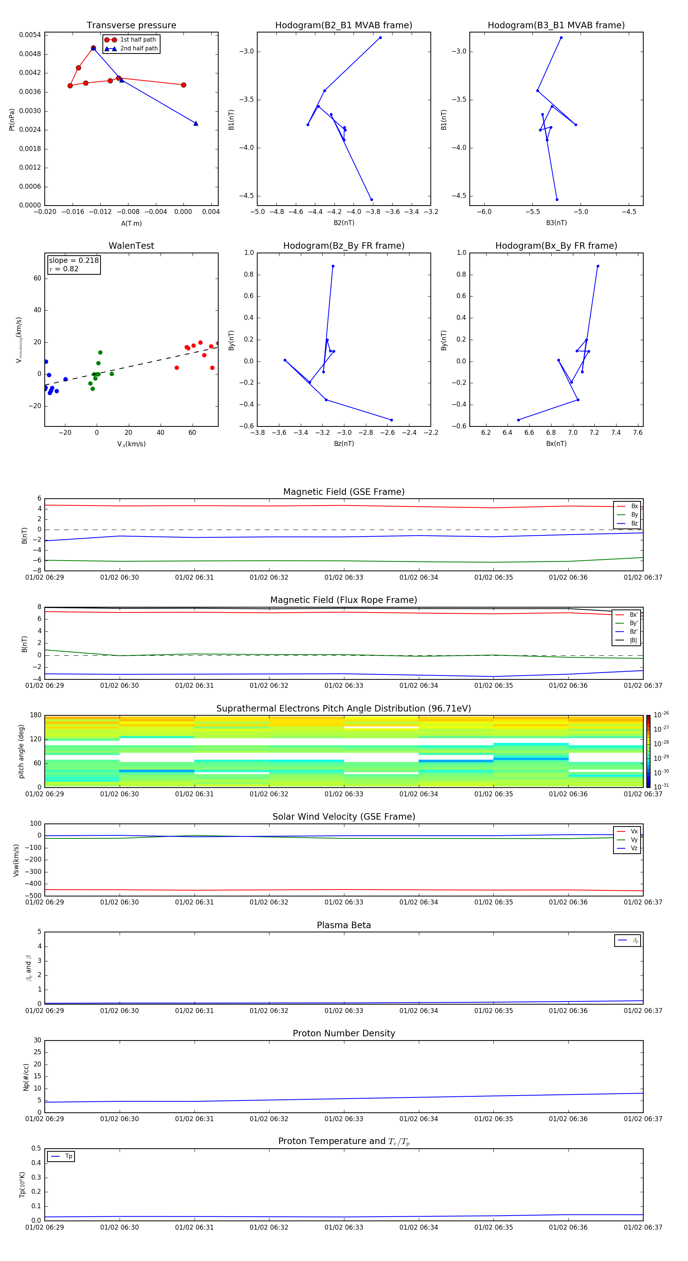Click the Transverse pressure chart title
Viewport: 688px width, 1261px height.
coord(131,26)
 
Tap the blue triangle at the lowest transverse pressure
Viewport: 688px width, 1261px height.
coord(196,123)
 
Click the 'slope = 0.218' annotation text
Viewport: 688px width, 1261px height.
coord(73,261)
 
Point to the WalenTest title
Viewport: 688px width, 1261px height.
coord(131,246)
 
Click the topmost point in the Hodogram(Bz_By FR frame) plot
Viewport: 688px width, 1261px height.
coord(333,266)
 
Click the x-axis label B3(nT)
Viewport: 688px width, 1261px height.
coord(556,223)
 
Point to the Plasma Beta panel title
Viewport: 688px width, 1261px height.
coord(344,925)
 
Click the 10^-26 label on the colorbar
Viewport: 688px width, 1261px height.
coord(661,715)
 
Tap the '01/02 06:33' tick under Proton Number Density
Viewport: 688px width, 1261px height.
coord(344,1118)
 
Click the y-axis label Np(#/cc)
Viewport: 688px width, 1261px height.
coord(26,1077)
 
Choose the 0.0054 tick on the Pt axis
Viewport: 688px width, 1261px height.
coord(30,35)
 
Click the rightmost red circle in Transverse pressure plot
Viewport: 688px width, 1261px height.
coord(183,85)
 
